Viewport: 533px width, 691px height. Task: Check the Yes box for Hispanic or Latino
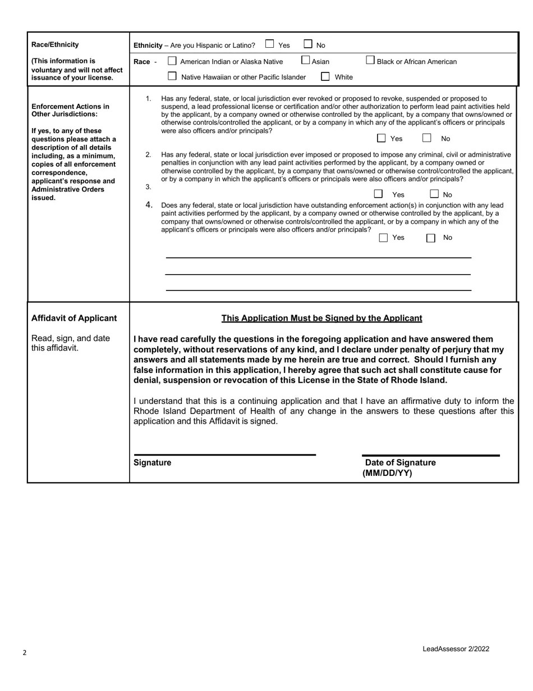click(270, 44)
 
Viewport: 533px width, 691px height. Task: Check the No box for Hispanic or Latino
click(308, 44)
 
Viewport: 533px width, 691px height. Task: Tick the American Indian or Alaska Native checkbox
click(172, 61)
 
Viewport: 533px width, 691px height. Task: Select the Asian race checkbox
click(306, 60)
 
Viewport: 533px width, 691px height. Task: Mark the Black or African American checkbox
click(370, 60)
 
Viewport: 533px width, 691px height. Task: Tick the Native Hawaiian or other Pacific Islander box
click(172, 76)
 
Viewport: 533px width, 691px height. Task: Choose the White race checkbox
click(325, 76)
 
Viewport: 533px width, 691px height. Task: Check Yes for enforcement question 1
click(382, 138)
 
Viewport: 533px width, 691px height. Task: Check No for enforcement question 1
click(427, 138)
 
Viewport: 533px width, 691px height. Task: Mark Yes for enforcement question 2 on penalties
click(379, 194)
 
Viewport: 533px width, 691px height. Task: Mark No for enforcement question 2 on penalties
click(434, 194)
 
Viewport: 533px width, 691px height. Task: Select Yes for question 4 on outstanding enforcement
click(384, 238)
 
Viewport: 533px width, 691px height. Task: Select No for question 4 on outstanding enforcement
click(431, 238)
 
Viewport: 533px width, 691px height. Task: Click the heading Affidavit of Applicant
click(74, 319)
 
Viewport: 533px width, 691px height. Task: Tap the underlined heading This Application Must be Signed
click(321, 319)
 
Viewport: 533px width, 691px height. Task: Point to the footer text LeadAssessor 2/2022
click(456, 649)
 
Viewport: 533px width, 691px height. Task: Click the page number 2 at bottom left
click(25, 653)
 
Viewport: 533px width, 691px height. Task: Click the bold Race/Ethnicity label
click(55, 45)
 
